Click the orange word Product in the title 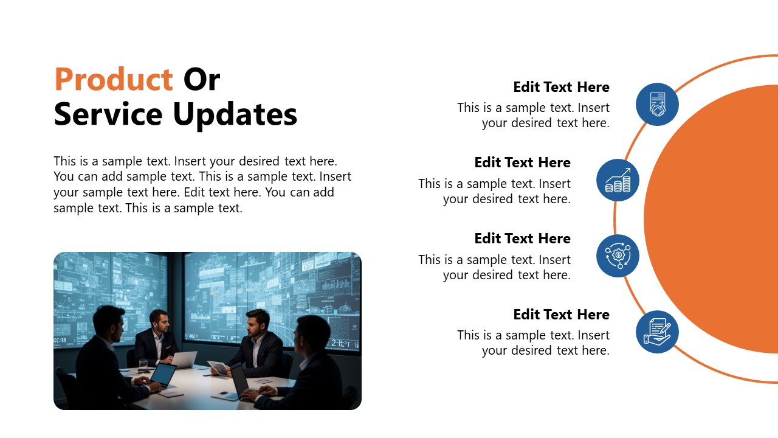click(x=114, y=79)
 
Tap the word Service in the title click(x=108, y=114)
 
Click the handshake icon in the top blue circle click(x=657, y=104)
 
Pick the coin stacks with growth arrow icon click(x=618, y=180)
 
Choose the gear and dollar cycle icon click(x=618, y=255)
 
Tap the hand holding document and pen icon click(x=657, y=332)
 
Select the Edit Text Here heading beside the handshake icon click(x=561, y=87)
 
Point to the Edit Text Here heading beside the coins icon click(x=522, y=162)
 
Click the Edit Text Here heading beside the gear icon click(x=522, y=238)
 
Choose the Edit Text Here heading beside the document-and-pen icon click(x=561, y=315)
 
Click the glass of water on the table click(x=143, y=364)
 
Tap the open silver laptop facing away click(x=184, y=359)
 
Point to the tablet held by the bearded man click(x=218, y=367)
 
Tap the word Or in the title click(x=201, y=79)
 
